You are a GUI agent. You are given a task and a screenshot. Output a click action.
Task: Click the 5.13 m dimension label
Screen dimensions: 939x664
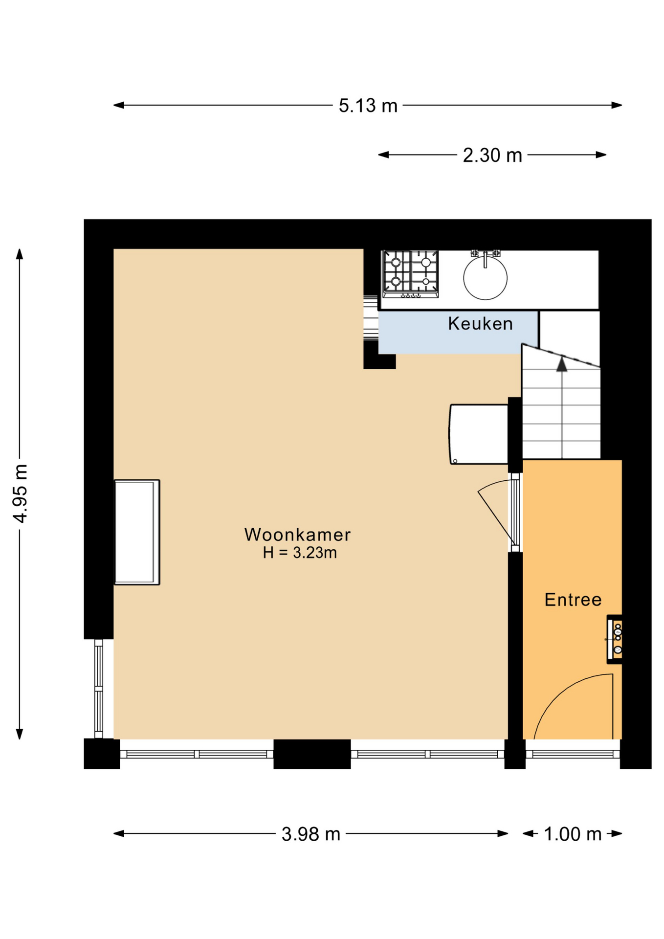click(368, 106)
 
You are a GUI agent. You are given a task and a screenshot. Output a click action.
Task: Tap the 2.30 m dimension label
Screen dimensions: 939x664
click(492, 156)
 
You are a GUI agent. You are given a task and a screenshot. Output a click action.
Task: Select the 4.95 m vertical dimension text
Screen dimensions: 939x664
click(21, 493)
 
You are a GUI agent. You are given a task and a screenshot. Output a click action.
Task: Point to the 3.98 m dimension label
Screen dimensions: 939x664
click(310, 834)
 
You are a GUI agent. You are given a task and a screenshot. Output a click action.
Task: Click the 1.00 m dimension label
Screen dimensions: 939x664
click(572, 834)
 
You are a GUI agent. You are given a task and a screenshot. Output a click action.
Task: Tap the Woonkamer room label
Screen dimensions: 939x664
click(297, 535)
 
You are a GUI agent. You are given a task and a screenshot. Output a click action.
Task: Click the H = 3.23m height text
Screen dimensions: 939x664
click(299, 553)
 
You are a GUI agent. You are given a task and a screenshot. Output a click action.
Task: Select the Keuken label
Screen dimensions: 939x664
click(480, 324)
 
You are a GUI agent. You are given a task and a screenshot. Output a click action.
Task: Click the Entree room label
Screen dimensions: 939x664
click(573, 600)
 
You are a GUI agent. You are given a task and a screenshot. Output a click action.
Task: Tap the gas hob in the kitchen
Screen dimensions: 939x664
click(410, 273)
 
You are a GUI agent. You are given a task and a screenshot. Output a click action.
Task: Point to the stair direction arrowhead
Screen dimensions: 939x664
click(562, 364)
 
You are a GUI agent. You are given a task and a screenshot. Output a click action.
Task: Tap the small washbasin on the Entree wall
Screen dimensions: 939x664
click(616, 639)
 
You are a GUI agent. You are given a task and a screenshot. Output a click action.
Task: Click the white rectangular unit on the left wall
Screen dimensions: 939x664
click(137, 532)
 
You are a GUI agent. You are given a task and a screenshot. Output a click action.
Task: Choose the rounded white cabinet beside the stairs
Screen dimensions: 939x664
click(479, 434)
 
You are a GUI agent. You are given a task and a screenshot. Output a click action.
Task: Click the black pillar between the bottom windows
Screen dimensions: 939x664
click(311, 754)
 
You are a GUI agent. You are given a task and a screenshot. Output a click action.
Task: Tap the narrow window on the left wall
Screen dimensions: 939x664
click(99, 688)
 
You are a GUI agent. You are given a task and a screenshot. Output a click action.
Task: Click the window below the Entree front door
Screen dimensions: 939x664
click(572, 754)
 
